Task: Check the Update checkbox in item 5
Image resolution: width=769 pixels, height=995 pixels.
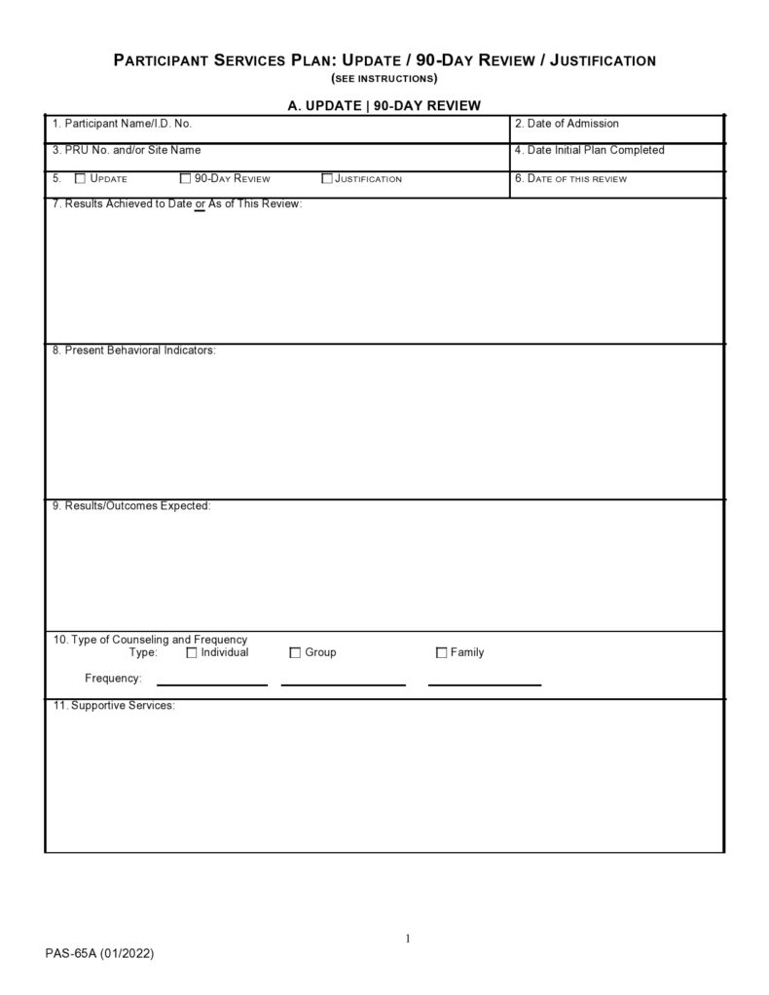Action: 81,178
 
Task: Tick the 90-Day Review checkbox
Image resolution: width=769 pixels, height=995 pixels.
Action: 186,178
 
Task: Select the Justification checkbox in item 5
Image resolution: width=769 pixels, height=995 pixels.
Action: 327,178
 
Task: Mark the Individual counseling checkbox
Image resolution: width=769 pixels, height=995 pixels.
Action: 192,652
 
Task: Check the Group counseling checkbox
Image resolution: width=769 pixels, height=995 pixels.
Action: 295,652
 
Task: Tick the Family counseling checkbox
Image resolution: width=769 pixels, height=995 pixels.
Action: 441,652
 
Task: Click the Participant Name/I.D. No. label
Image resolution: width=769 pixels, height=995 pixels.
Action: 122,124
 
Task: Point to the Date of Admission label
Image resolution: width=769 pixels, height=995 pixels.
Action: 567,124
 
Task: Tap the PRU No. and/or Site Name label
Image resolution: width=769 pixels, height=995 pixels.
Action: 127,150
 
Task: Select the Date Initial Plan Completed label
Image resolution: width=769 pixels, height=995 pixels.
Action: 589,150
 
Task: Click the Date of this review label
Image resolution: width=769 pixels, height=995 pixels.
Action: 570,178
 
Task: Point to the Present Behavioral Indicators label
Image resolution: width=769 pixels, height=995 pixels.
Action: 133,350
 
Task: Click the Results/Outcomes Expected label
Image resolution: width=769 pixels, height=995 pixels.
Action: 130,505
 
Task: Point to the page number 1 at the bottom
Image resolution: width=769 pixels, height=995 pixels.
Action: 408,938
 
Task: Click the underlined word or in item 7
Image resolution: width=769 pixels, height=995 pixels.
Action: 200,203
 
